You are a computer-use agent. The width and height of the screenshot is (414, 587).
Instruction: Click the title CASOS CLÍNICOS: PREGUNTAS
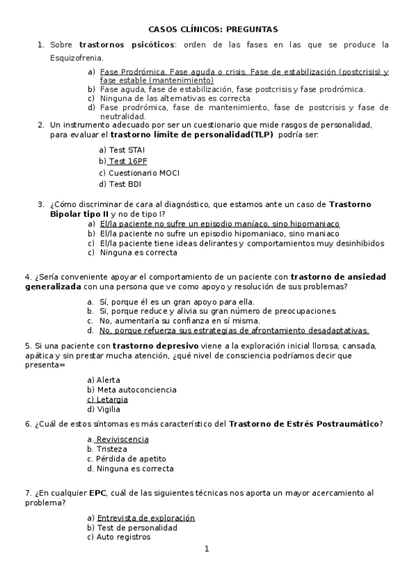[x=213, y=30]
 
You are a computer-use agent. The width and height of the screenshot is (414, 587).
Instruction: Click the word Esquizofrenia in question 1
[x=77, y=57]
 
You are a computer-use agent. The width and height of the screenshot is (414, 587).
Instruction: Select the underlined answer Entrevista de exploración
[x=145, y=518]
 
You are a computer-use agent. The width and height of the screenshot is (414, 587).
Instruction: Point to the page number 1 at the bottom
[x=206, y=550]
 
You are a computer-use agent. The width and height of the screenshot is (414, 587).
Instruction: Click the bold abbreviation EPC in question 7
[x=97, y=494]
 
